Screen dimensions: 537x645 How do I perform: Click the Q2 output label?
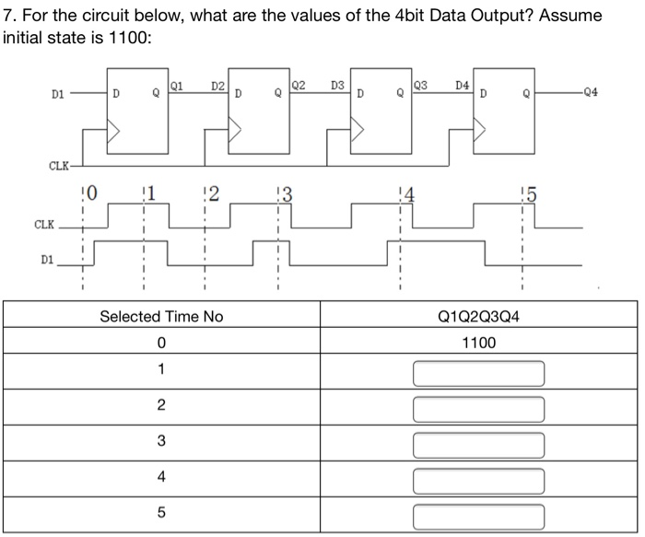(x=298, y=85)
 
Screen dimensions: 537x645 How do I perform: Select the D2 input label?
(x=217, y=86)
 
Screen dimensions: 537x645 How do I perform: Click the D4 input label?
(x=463, y=86)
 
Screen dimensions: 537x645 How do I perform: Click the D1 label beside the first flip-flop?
(x=58, y=93)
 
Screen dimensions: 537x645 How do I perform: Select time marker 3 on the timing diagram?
(x=286, y=194)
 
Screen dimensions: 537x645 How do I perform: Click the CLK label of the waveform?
(x=43, y=224)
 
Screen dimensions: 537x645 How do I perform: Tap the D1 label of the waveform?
(x=48, y=260)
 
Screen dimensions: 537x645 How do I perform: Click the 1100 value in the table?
(x=478, y=343)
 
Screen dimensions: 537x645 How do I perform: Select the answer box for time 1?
(x=478, y=373)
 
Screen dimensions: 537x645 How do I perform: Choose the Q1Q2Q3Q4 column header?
(x=478, y=316)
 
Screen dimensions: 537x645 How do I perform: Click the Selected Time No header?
(x=161, y=316)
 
